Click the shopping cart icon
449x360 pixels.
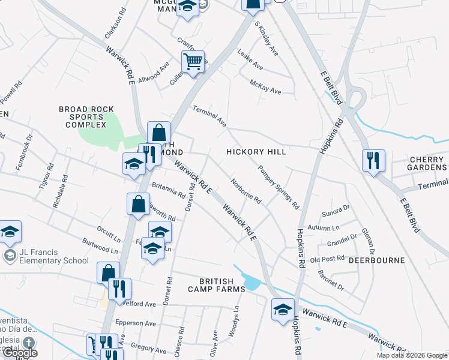(193, 61)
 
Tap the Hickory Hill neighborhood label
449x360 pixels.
(256, 152)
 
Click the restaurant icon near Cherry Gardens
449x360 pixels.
(373, 160)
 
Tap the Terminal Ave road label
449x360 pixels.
(209, 116)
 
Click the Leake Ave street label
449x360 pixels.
(250, 59)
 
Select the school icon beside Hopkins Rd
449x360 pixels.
(283, 310)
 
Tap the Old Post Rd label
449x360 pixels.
(327, 259)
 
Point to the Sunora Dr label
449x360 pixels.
(336, 209)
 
